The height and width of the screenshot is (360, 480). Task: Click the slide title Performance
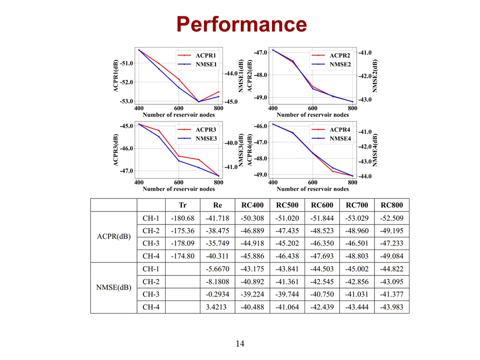point(241,23)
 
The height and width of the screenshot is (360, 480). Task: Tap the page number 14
point(240,343)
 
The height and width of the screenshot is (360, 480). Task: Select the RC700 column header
point(356,205)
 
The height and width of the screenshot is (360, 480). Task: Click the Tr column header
point(182,205)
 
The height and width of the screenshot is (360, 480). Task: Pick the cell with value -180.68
point(182,218)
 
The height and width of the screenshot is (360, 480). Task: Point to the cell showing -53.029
point(356,218)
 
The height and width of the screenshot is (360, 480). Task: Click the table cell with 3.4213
point(217,307)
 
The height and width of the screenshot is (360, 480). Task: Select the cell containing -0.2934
point(217,294)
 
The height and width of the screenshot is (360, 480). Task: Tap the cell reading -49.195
point(391,231)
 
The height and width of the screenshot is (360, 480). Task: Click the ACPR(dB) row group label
point(113,237)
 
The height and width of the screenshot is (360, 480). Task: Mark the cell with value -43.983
point(391,307)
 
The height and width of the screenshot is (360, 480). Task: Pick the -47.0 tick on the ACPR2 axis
point(260,52)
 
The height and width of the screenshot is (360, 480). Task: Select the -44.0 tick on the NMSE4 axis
point(363,176)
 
